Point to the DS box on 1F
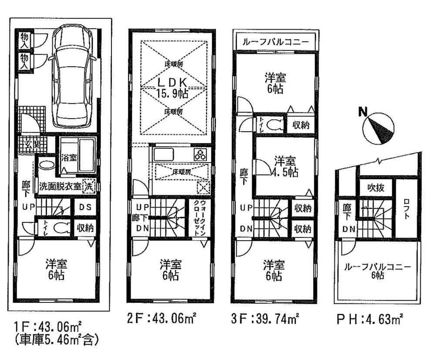[x=85, y=207]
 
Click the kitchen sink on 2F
[x=163, y=155]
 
